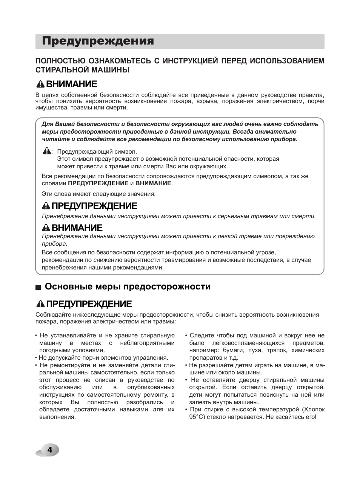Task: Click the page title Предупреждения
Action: tap(98, 41)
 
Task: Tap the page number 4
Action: tap(49, 450)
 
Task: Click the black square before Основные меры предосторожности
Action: tap(38, 287)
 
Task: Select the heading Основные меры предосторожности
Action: tap(128, 287)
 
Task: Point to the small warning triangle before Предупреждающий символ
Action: tap(46, 151)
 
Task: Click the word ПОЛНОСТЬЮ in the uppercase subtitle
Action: tap(60, 61)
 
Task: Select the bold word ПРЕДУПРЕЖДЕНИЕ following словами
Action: tap(98, 183)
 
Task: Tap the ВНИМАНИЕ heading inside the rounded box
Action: tap(77, 228)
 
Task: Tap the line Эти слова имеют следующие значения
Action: tap(98, 194)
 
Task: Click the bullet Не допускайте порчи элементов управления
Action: tap(103, 358)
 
